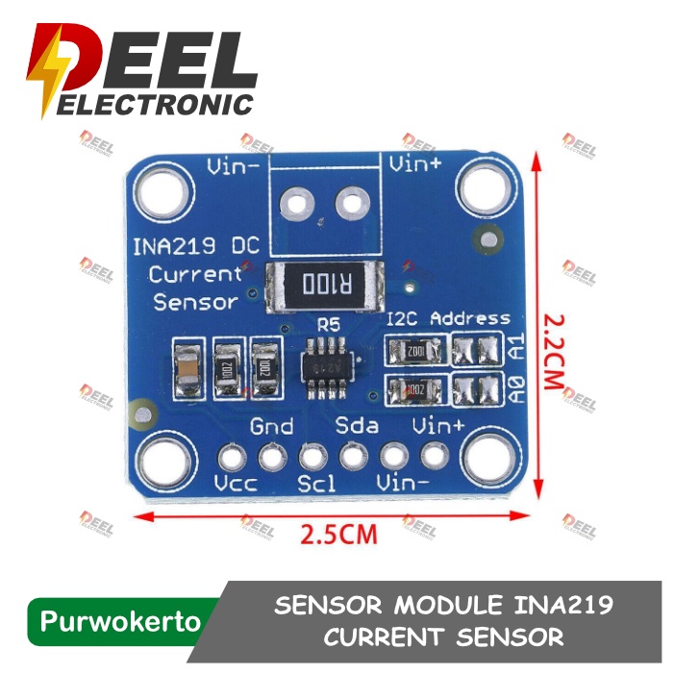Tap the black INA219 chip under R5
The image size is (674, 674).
coord(327,368)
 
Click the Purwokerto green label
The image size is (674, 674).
coord(121,621)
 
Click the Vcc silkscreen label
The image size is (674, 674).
coord(235,484)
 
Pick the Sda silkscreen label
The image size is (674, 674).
coord(357,425)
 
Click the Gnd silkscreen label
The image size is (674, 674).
coord(271,426)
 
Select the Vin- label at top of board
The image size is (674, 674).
coord(234,164)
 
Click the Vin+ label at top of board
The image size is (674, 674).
coord(415,164)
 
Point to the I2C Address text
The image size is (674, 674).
coord(447,318)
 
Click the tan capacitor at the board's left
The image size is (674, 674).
coord(187,371)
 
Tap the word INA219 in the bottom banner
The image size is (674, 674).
coord(558,607)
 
